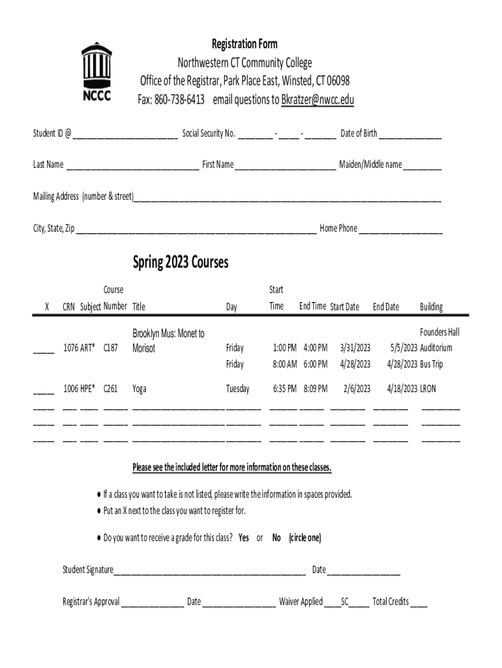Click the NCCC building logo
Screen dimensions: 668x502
coord(96,72)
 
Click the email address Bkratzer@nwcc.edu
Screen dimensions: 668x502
coord(317,100)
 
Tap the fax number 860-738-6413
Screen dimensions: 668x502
coord(179,100)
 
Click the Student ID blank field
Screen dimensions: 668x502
coord(125,135)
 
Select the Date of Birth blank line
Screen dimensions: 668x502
coord(411,135)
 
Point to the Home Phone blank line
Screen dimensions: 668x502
coord(401,230)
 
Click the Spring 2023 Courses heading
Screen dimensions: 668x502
coord(181,262)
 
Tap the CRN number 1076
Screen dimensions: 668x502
coord(70,348)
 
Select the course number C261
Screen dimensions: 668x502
coord(111,389)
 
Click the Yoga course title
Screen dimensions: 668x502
coord(140,389)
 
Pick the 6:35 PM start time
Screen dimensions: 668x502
coord(285,389)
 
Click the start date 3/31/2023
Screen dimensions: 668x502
coord(355,348)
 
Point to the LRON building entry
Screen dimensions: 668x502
coord(428,389)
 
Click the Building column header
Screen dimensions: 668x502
coord(432,307)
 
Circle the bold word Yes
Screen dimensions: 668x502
coord(244,538)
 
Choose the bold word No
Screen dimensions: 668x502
coord(276,538)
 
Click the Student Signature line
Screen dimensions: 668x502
coord(209,571)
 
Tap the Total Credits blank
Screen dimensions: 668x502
coord(419,603)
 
